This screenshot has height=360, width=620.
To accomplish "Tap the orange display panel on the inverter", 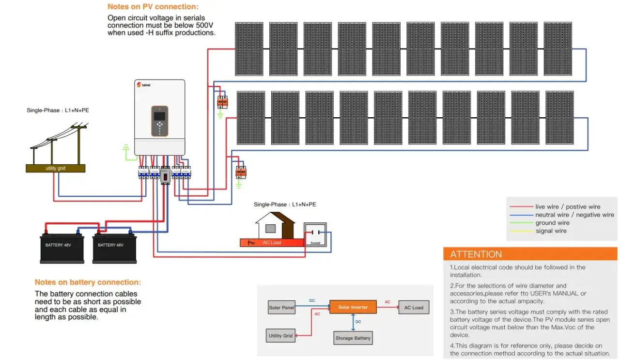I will point(159,121).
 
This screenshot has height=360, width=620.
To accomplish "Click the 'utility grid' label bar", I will point(55,168).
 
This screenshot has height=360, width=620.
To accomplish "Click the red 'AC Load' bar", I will point(272,242).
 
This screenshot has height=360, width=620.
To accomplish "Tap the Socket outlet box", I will point(315,235).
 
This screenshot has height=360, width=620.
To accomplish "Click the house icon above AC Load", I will point(275,225).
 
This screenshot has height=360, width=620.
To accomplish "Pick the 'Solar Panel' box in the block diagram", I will point(281,308).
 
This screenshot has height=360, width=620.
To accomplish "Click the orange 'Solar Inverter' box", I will point(353,307).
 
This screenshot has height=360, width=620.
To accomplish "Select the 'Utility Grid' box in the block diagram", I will point(281,336).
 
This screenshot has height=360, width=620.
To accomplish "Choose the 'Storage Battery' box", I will point(353,338).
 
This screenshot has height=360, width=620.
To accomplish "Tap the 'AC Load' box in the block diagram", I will point(413,308).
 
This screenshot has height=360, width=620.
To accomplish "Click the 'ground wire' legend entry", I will point(552,223).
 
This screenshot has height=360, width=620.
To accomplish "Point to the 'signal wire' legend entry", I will point(551,231).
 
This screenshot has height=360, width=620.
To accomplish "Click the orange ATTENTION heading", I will point(476,254).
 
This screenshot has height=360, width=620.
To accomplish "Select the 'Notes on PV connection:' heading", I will point(153,7).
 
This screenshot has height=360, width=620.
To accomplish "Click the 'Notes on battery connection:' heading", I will point(88,282).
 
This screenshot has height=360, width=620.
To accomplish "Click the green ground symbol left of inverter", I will point(126,147).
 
